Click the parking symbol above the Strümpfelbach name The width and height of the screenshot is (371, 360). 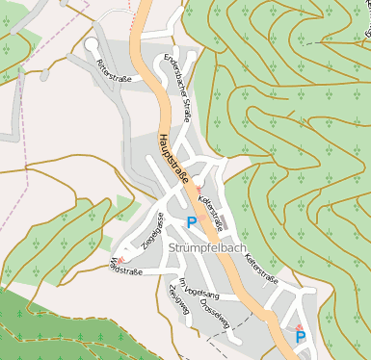click(x=191, y=222)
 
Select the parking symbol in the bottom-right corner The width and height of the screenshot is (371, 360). click(x=301, y=337)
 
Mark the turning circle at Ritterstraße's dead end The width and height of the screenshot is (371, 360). click(x=92, y=44)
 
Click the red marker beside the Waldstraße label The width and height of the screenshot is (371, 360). click(x=121, y=259)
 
